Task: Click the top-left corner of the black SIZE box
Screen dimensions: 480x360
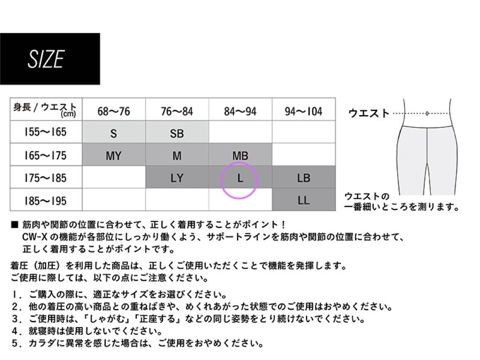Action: pyautogui.click(x=0, y=33)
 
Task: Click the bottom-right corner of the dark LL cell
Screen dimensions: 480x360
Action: pyautogui.click(x=336, y=211)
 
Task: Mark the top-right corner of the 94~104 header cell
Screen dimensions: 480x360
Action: pyautogui.click(x=336, y=98)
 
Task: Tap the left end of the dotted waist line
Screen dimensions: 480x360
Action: pyautogui.click(x=393, y=114)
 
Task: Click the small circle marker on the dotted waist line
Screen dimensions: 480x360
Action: pyautogui.click(x=427, y=114)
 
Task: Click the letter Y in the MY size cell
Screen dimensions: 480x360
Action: pyautogui.click(x=118, y=156)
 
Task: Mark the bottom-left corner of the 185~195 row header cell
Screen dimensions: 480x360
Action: pyautogui.click(x=10, y=211)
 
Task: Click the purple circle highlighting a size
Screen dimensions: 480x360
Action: pyautogui.click(x=239, y=180)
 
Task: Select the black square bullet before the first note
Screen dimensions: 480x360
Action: pyautogui.click(x=14, y=225)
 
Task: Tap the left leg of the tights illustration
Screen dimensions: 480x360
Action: pyautogui.click(x=412, y=161)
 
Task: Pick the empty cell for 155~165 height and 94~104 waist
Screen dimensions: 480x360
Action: pyautogui.click(x=304, y=132)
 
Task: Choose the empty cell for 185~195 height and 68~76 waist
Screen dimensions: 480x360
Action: pyautogui.click(x=114, y=200)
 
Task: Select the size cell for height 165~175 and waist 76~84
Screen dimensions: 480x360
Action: pyautogui.click(x=177, y=155)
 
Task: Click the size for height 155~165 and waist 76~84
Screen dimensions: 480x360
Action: pyautogui.click(x=177, y=132)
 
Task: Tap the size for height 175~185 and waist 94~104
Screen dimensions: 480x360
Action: pyautogui.click(x=304, y=177)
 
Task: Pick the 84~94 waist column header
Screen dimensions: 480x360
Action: pyautogui.click(x=240, y=111)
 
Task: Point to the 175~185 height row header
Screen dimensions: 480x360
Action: pyautogui.click(x=45, y=178)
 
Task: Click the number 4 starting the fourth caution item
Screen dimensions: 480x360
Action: pyautogui.click(x=15, y=331)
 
